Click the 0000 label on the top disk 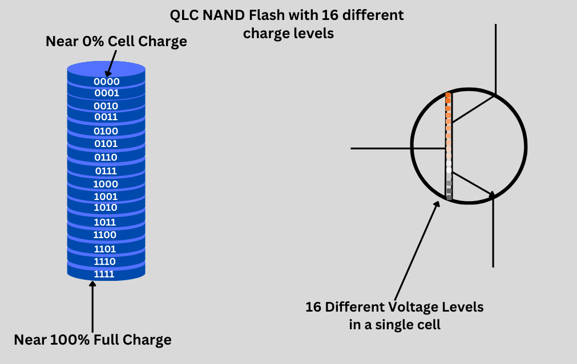[106, 81]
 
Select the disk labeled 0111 [106, 171]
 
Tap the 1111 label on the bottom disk [104, 274]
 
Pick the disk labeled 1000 [106, 184]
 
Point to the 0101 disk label [106, 144]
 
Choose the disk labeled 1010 [106, 207]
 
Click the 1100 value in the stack [105, 235]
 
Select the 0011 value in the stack [106, 117]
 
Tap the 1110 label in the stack [105, 261]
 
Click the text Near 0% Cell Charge [116, 42]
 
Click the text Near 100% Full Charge [92, 340]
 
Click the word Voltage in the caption [414, 307]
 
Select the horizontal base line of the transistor [397, 148]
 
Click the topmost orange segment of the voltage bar [448, 95]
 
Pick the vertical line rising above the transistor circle [495, 57]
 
